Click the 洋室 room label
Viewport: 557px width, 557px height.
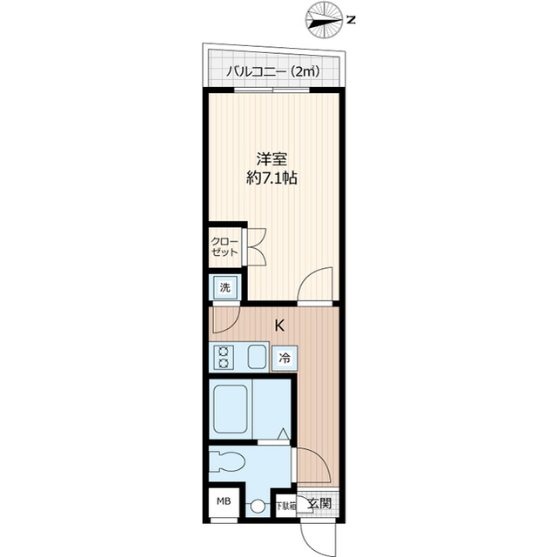coord(271,160)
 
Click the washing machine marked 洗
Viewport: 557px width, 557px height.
coord(224,287)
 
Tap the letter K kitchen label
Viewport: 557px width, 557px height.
coord(279,326)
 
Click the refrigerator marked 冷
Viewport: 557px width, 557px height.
coord(285,358)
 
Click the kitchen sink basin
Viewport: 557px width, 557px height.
coord(257,358)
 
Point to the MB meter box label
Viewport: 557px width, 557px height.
coord(224,502)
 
